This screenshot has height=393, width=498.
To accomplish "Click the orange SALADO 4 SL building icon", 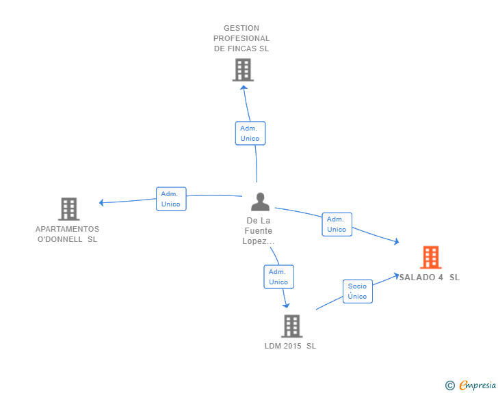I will [430, 258].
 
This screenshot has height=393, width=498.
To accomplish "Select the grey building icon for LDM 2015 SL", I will [291, 326].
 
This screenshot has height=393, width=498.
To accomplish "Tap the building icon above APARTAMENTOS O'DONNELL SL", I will [68, 208].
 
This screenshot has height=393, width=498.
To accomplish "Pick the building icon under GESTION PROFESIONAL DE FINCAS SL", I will [242, 70].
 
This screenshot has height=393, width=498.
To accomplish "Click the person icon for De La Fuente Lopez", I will [260, 202].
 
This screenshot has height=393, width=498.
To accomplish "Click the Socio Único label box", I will [357, 291].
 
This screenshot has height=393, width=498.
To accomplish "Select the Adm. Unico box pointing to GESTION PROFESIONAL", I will [250, 133].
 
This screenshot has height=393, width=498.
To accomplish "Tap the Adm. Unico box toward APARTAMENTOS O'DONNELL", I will [170, 199].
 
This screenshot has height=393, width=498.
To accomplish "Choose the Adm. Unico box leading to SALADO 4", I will [337, 224].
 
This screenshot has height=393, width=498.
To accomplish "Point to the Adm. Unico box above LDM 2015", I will [278, 277].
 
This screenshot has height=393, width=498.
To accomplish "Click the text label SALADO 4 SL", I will [430, 277].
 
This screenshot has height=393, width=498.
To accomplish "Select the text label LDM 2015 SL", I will [290, 346].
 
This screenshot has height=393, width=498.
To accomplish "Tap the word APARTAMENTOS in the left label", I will [67, 229].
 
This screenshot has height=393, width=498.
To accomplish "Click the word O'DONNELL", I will [60, 239].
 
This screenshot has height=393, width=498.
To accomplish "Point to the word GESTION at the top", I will [241, 28].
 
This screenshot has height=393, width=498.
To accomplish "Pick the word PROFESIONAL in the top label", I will [241, 38].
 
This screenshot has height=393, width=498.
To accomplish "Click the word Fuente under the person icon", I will [258, 231].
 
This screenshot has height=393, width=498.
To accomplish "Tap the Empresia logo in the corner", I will [477, 385].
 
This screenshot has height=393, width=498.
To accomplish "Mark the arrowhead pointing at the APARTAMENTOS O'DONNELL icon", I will [102, 202].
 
